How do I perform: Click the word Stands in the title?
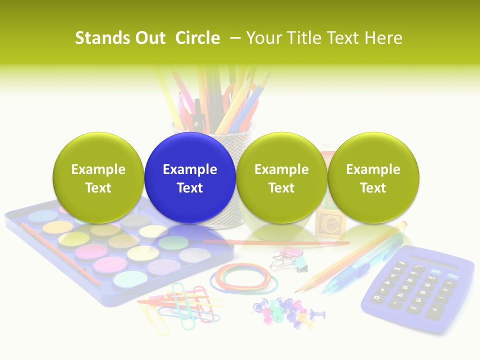[102, 38]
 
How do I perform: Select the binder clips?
[290, 258]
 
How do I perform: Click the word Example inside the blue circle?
[190, 169]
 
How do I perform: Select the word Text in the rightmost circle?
[373, 188]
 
